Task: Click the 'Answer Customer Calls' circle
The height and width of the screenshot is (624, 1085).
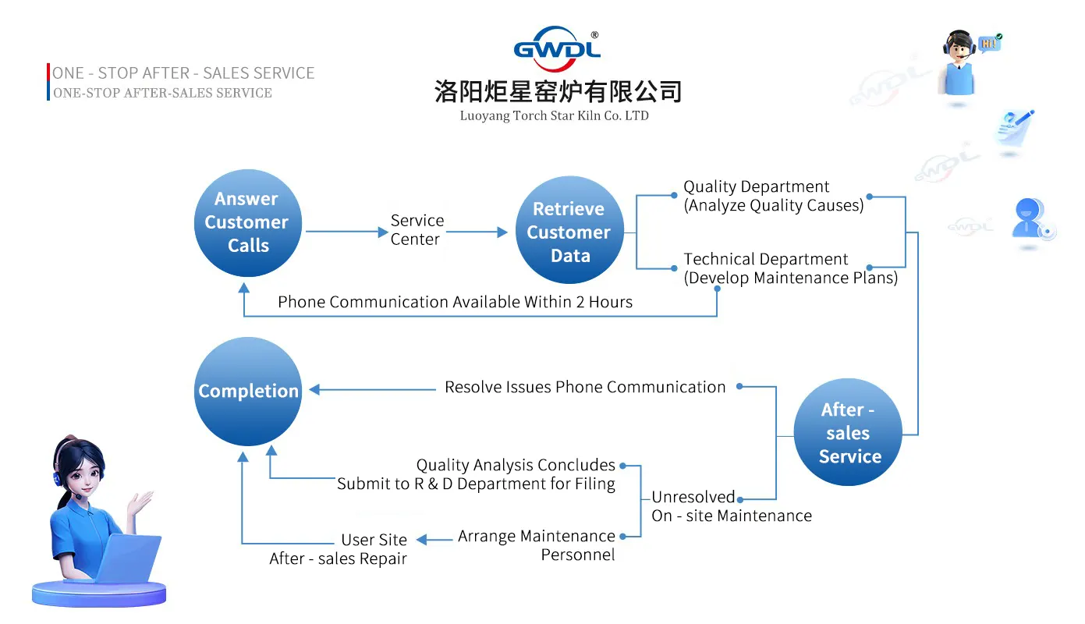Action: pos(247,222)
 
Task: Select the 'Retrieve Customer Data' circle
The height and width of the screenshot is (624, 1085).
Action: pos(569,232)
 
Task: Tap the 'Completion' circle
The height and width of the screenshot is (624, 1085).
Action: pos(248,391)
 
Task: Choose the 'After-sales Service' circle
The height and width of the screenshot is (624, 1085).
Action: pos(848,433)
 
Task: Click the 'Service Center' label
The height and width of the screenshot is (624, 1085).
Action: pos(417,230)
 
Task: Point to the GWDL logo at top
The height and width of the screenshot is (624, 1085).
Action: pos(557,48)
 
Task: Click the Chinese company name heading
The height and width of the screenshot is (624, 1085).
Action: pos(558,92)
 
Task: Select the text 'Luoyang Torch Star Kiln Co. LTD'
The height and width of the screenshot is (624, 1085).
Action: pos(554,116)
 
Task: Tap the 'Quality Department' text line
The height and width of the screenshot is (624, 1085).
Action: pos(756,187)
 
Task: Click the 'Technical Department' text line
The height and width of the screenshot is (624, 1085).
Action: pos(765,260)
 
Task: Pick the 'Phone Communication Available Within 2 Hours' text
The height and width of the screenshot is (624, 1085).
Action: pos(455,302)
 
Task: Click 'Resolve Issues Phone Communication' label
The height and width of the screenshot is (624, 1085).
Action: pos(585,387)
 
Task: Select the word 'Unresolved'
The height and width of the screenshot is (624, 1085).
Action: pos(693,497)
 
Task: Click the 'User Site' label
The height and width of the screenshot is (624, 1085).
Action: pos(374,540)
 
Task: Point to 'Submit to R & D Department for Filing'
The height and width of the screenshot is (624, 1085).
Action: pos(476,484)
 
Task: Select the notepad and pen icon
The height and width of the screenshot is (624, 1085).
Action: pos(1015,129)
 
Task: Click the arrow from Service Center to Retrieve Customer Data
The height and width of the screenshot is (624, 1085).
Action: pos(477,232)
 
